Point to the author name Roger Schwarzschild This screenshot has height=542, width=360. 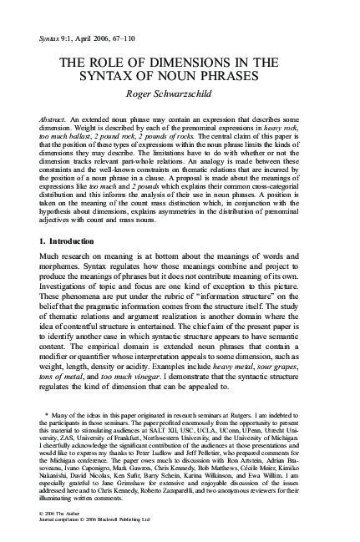[180, 99]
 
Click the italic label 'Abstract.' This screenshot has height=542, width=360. [57, 122]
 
